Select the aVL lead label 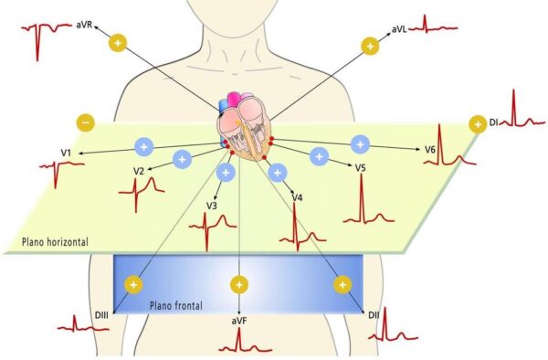(398, 30)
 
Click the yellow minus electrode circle (84, 122)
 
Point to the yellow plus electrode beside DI (477, 123)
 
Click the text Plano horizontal (54, 242)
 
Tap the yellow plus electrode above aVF (239, 284)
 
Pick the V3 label (211, 206)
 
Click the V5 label (361, 168)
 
